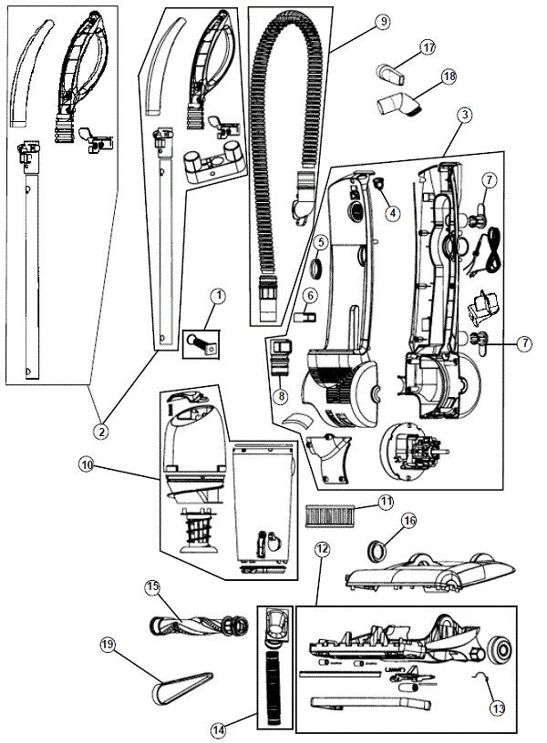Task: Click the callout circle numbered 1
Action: (218, 295)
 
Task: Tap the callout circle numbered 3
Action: (465, 116)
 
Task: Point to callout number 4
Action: (393, 213)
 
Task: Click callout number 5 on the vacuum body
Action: (322, 242)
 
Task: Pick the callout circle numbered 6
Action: (310, 295)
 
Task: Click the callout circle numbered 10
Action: (86, 464)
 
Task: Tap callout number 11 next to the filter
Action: (387, 501)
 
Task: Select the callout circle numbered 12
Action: (321, 549)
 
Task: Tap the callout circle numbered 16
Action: (408, 520)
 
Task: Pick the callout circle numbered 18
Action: (448, 77)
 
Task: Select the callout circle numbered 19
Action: (108, 644)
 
